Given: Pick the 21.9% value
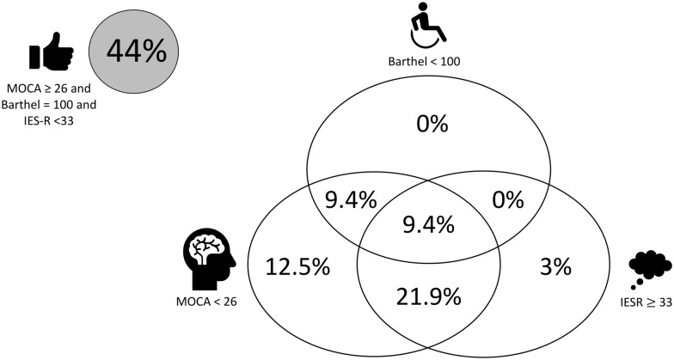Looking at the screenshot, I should click(x=431, y=298).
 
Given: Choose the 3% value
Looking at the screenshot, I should click(x=557, y=266).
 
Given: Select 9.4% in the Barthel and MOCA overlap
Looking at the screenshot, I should click(x=350, y=199).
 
